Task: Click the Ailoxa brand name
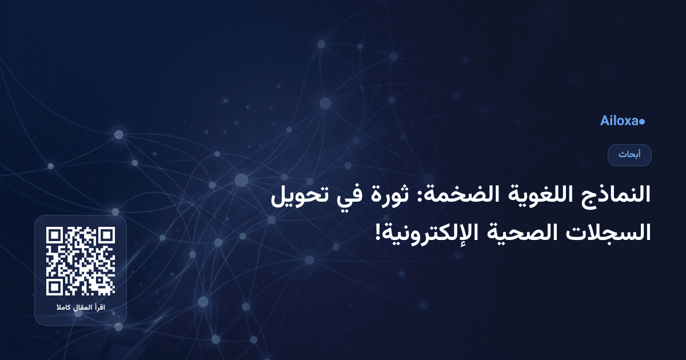click(619, 121)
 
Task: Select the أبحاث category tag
click(629, 155)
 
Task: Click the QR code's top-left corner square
click(54, 235)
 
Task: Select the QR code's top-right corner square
click(106, 235)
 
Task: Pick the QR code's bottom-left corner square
click(54, 287)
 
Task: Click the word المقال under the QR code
click(80, 309)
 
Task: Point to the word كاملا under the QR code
click(60, 309)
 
